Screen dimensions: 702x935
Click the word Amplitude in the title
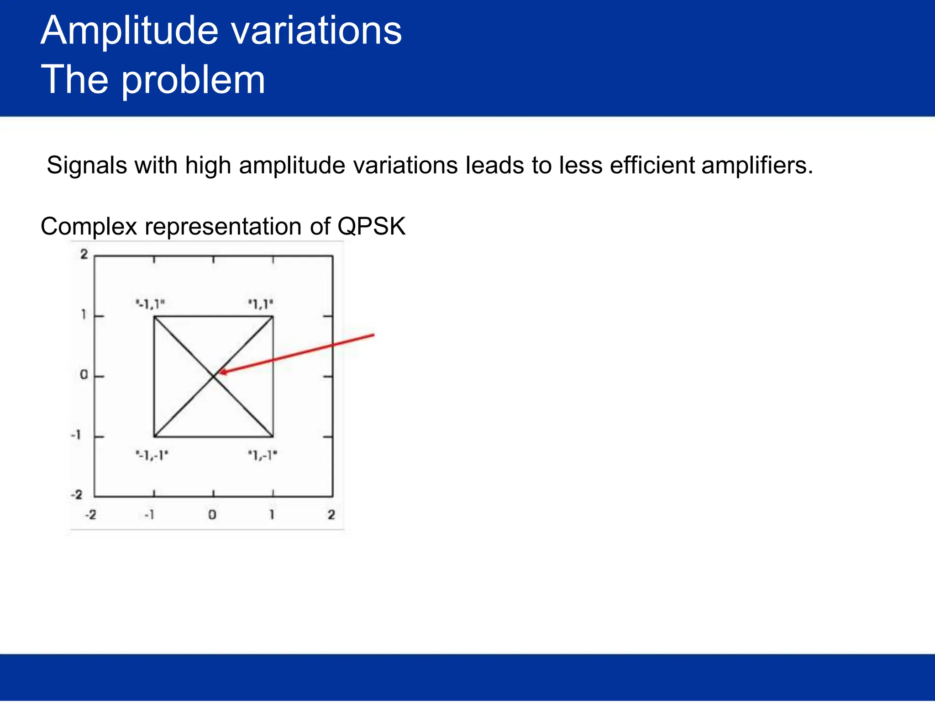[129, 31]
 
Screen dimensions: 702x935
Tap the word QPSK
[371, 227]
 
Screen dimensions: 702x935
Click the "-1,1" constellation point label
[150, 304]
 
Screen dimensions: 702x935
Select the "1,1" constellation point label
[261, 304]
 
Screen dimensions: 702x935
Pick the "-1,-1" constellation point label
[152, 456]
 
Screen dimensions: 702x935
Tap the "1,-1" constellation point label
[263, 456]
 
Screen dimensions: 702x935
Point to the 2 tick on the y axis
[84, 255]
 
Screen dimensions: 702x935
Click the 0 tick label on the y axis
[84, 375]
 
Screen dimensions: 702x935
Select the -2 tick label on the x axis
[90, 515]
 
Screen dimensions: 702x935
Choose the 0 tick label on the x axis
[212, 515]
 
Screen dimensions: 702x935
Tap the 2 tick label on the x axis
[331, 515]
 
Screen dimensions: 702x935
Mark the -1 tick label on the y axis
[76, 435]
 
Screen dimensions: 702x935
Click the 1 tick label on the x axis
[272, 515]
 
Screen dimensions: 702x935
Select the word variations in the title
[316, 31]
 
